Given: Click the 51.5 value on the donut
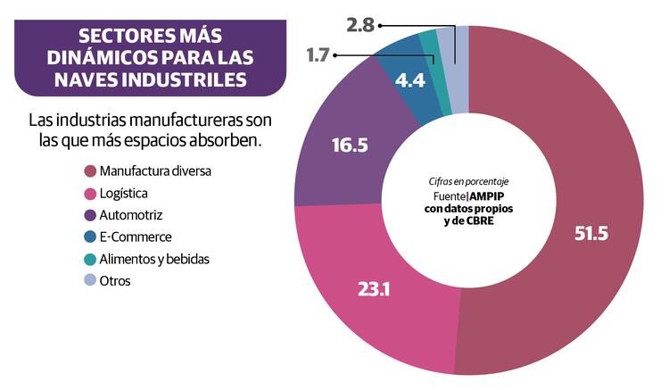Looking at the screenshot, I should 591,233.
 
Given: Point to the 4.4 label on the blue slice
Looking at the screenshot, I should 409,79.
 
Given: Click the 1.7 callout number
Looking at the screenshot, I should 318,55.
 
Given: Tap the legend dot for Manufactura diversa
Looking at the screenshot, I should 89,170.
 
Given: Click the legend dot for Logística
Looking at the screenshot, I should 89,193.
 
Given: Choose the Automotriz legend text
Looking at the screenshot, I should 132,215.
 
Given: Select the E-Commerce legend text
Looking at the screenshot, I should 136,237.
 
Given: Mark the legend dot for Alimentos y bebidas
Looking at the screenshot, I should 89,260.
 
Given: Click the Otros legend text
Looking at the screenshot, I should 116,282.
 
